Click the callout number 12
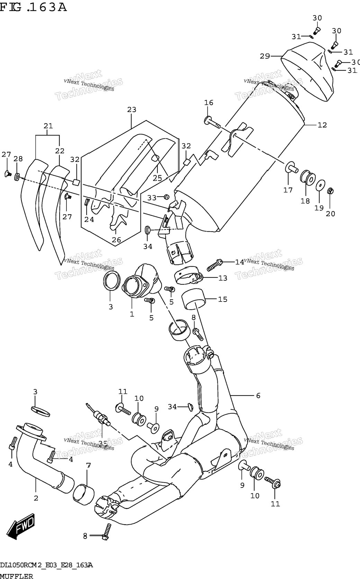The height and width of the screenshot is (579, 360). click(x=322, y=125)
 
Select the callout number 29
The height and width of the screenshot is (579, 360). click(x=265, y=56)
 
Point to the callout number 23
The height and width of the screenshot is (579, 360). click(x=132, y=109)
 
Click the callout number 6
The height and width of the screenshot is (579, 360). click(x=258, y=395)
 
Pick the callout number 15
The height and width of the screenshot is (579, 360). click(x=223, y=299)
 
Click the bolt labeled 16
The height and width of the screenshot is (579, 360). click(x=213, y=122)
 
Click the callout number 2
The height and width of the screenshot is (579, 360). click(x=36, y=498)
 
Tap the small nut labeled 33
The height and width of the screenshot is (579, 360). click(x=167, y=197)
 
